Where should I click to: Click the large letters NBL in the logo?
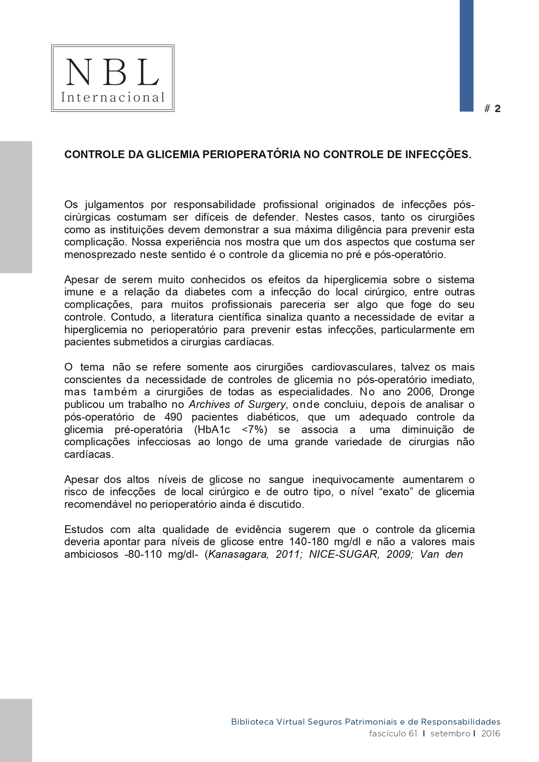coord(112,72)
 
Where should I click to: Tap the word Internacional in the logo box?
coord(112,97)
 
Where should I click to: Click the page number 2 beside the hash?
coord(497,109)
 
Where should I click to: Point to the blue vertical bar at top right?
coord(466,56)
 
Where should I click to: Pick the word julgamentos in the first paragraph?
coord(114,205)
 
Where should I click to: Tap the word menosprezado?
coord(100,255)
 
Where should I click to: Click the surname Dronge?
coord(457,392)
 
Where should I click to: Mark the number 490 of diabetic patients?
coord(173,417)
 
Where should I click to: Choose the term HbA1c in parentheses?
coord(212,430)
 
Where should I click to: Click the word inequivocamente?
coord(353,480)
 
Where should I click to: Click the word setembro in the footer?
coord(450,733)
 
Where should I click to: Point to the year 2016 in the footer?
coord(490,733)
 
